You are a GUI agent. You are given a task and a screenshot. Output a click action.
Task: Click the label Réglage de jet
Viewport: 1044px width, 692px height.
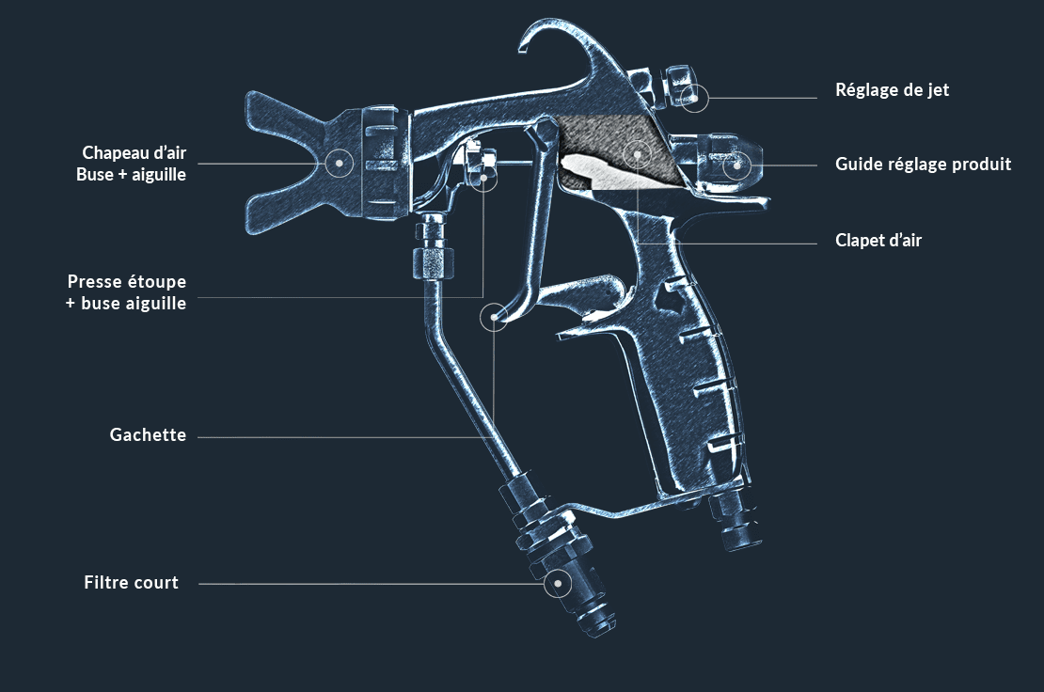click(892, 90)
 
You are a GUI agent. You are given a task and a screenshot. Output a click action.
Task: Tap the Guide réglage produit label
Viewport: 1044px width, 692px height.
click(923, 165)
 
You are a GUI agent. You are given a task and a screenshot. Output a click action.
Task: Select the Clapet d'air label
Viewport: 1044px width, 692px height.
click(878, 241)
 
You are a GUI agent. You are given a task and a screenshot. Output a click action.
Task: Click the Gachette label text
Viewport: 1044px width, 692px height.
click(148, 435)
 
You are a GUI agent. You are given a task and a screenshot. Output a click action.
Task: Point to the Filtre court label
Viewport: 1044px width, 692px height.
click(131, 583)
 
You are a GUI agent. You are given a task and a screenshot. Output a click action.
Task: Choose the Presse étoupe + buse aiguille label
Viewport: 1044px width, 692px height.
click(126, 292)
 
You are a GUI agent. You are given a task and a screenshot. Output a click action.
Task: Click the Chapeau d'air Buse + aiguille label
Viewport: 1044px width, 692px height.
click(134, 163)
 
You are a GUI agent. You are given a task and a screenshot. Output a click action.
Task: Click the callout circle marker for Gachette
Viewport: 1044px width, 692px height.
click(494, 318)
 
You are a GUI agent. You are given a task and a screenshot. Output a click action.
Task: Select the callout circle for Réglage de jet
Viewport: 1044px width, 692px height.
click(694, 97)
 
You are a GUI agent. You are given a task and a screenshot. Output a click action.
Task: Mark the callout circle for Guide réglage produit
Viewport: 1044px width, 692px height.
click(737, 165)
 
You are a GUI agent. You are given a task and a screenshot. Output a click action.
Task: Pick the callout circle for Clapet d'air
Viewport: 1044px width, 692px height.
click(638, 153)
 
